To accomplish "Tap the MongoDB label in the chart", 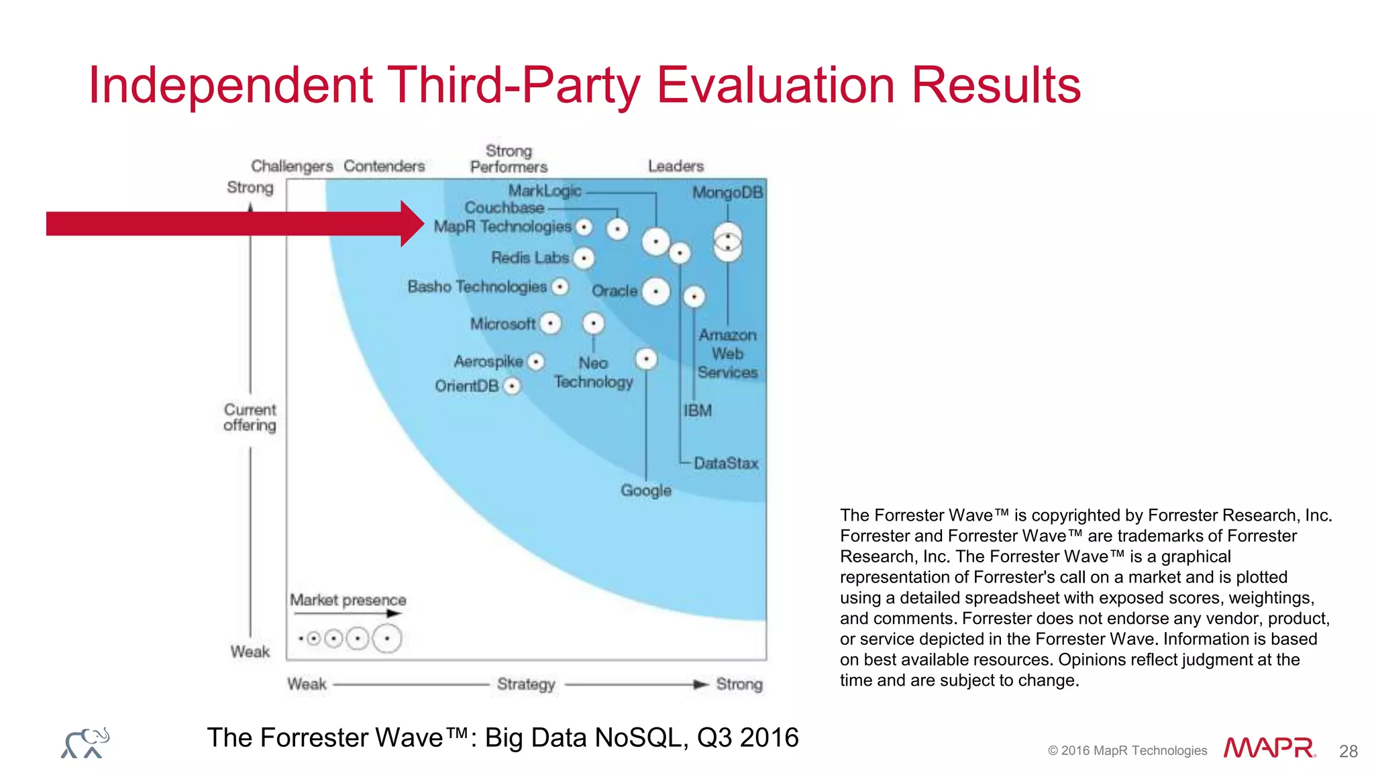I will pos(727,193).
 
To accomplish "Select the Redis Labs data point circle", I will pos(584,258).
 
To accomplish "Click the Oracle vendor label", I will pos(615,291).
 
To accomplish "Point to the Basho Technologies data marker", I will pos(560,287).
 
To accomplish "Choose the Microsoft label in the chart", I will pos(503,324).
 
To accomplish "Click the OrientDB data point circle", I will pos(512,386).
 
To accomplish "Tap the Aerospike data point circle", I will pos(535,362).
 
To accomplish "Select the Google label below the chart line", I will pos(645,491).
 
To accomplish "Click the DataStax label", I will pos(726,463).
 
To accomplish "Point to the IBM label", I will pos(698,411).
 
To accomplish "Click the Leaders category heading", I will pos(676,166).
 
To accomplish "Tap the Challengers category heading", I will pos(292,166).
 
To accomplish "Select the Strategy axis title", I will pos(526,684).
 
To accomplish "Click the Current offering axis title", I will pos(250,417).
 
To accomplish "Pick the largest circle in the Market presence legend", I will pos(387,638).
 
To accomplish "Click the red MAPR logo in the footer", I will pos(1269,748).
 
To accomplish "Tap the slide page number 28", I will pos(1348,751).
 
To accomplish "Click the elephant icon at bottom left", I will pos(85,743).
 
